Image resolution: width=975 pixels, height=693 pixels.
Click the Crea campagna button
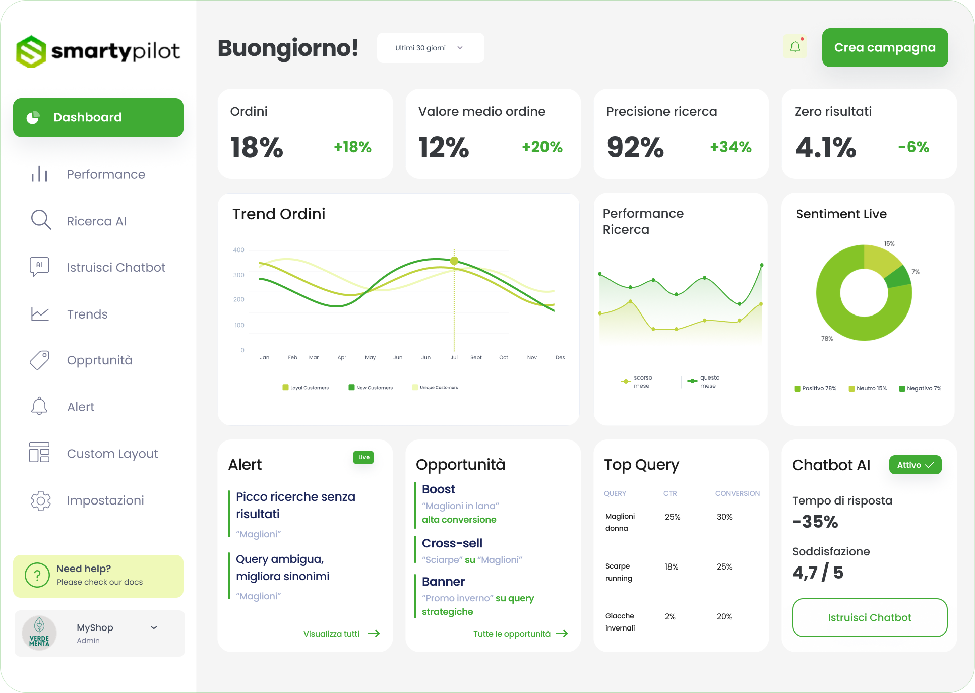(x=885, y=48)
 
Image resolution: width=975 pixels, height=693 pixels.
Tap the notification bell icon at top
(x=795, y=47)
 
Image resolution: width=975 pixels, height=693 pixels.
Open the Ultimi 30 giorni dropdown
(x=430, y=48)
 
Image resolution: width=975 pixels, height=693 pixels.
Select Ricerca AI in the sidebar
(x=96, y=221)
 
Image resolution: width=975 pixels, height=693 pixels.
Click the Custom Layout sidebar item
(x=112, y=454)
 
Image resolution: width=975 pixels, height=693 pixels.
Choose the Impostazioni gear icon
(x=41, y=500)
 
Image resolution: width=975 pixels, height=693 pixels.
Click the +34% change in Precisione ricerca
(x=730, y=147)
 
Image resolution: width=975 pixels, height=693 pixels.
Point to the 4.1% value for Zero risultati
(x=825, y=147)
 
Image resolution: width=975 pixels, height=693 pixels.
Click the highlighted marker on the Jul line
(x=454, y=261)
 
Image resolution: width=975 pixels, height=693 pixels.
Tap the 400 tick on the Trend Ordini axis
(x=238, y=250)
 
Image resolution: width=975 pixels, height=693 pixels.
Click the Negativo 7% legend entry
(x=920, y=388)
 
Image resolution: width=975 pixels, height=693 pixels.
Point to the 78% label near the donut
(x=827, y=339)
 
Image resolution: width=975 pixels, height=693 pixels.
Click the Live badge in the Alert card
(x=363, y=457)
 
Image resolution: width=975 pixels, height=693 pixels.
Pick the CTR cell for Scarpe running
(x=671, y=566)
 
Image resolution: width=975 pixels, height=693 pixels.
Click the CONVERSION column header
(x=737, y=493)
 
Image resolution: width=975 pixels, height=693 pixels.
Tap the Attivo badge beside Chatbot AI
(x=915, y=465)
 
